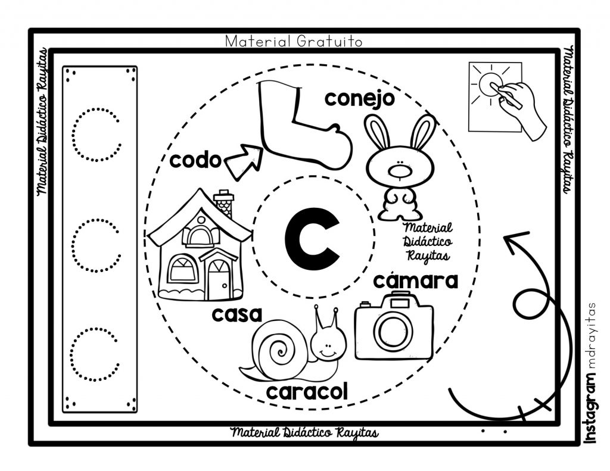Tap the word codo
coord(195,160)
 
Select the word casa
coord(237,314)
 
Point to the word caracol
coord(307,392)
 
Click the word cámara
coord(415,281)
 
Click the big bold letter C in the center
coord(312,239)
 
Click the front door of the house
coord(219,279)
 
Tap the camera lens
coord(393,332)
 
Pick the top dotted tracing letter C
coord(96,134)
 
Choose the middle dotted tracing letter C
coord(96,245)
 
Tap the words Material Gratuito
coord(294,41)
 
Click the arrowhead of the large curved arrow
coord(514,239)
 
